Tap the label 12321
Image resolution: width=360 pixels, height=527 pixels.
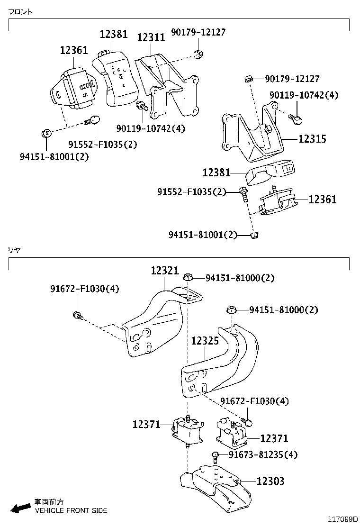tap(165, 271)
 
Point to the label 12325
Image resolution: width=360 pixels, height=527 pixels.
tap(205, 340)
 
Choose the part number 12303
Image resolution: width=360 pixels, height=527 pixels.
tap(270, 482)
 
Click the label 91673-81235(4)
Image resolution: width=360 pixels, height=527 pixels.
tap(263, 454)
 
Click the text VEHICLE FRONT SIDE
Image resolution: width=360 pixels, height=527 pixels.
tap(71, 510)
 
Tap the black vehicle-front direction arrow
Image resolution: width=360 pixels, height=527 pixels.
tap(20, 508)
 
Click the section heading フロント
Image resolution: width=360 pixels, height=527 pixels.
tap(20, 12)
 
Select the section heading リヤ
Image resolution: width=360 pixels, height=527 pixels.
tap(14, 249)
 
